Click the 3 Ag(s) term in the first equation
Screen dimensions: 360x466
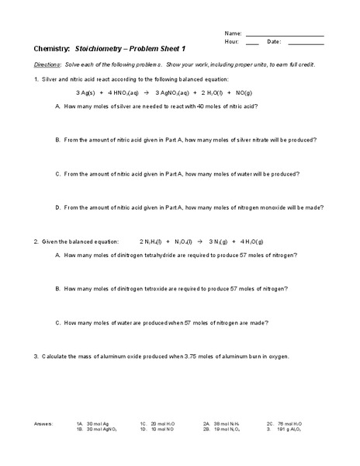(x=78, y=92)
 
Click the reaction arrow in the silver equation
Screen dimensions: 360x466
(x=145, y=92)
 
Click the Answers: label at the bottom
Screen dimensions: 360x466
(x=44, y=424)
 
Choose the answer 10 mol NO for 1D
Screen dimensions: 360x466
(x=163, y=429)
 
